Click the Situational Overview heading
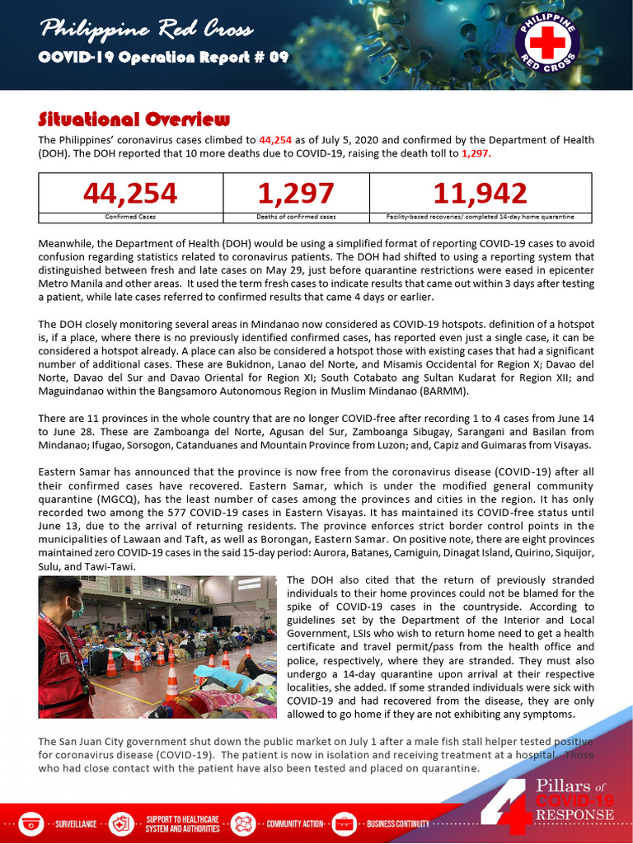134,119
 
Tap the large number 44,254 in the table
130,193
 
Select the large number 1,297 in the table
296,193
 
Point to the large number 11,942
480,193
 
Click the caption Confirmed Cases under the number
130,217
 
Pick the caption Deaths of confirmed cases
296,217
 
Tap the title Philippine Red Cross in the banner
147,31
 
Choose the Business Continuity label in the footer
398,823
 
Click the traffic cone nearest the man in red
110,663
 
